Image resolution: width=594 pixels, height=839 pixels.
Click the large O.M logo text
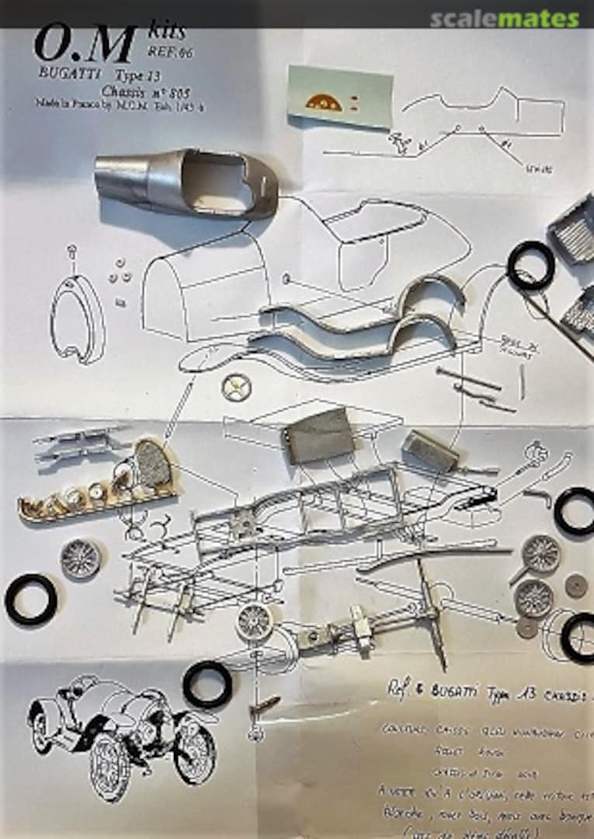pos(74,46)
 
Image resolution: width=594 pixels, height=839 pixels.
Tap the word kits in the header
pos(166,32)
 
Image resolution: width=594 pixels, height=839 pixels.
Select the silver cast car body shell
pos(186,183)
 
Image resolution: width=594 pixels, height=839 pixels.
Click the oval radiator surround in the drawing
pos(77,319)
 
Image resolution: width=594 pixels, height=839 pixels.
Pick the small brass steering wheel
pos(236,386)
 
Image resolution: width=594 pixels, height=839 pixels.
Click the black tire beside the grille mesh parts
pos(531,266)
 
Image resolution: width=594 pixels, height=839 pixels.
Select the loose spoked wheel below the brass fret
pos(81,559)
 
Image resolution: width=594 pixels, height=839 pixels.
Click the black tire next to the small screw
pos(207,684)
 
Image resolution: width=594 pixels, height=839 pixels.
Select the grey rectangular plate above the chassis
pos(319,435)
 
